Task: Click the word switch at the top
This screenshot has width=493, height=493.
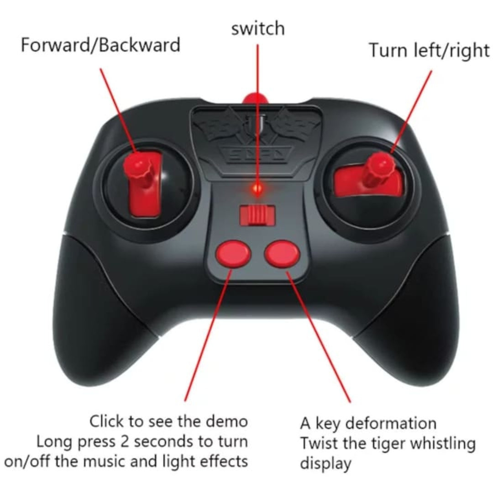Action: pos(258,29)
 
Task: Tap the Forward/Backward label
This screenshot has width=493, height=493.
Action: pos(100,45)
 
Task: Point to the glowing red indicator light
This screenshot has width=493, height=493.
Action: pos(257,189)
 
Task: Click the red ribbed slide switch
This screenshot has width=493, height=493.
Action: pos(257,215)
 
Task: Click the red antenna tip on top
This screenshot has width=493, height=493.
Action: pos(255,99)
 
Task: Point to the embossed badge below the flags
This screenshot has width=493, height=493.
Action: pos(257,154)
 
